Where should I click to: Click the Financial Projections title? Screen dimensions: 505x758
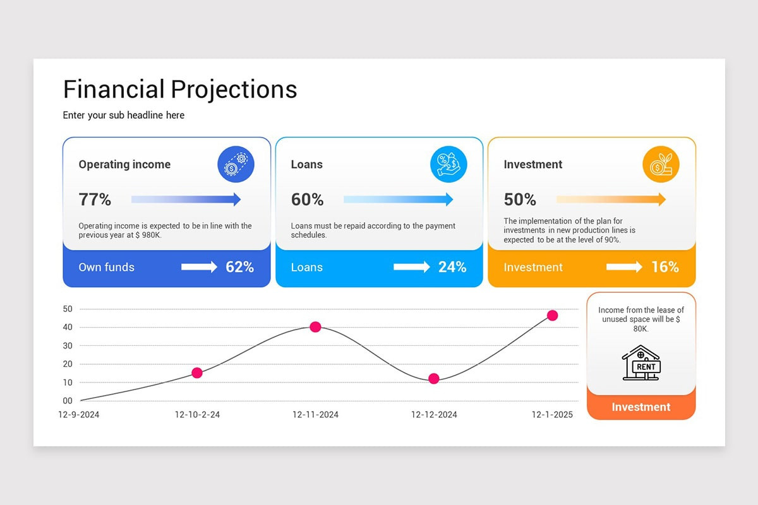[x=180, y=90]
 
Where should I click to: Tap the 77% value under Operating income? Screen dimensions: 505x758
[x=95, y=200]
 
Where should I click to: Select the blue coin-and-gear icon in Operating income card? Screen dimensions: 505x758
[x=236, y=165]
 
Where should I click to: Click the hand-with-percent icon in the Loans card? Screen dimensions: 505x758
[x=448, y=165]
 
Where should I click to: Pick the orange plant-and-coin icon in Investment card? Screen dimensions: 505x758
[x=661, y=165]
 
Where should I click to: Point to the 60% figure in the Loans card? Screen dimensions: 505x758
[x=307, y=200]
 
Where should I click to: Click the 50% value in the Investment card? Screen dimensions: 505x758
[x=520, y=200]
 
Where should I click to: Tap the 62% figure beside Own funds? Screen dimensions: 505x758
[x=239, y=267]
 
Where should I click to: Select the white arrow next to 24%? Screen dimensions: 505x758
[x=412, y=267]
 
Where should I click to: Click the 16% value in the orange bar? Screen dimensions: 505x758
[x=665, y=267]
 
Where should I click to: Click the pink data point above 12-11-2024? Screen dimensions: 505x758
[x=315, y=327]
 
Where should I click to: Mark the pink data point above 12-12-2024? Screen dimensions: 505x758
[x=433, y=379]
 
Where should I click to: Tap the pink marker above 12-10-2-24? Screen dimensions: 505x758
[x=197, y=373]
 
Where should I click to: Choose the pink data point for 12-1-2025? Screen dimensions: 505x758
[x=552, y=316]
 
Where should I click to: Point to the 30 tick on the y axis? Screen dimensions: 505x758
[x=68, y=346]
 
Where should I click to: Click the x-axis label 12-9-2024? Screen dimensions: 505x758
[x=79, y=415]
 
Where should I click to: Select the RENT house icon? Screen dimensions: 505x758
[x=641, y=363]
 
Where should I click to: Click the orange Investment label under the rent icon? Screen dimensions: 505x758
[x=641, y=407]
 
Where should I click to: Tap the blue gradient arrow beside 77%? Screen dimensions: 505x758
[x=186, y=199]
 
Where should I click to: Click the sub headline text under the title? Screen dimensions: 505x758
[x=124, y=115]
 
